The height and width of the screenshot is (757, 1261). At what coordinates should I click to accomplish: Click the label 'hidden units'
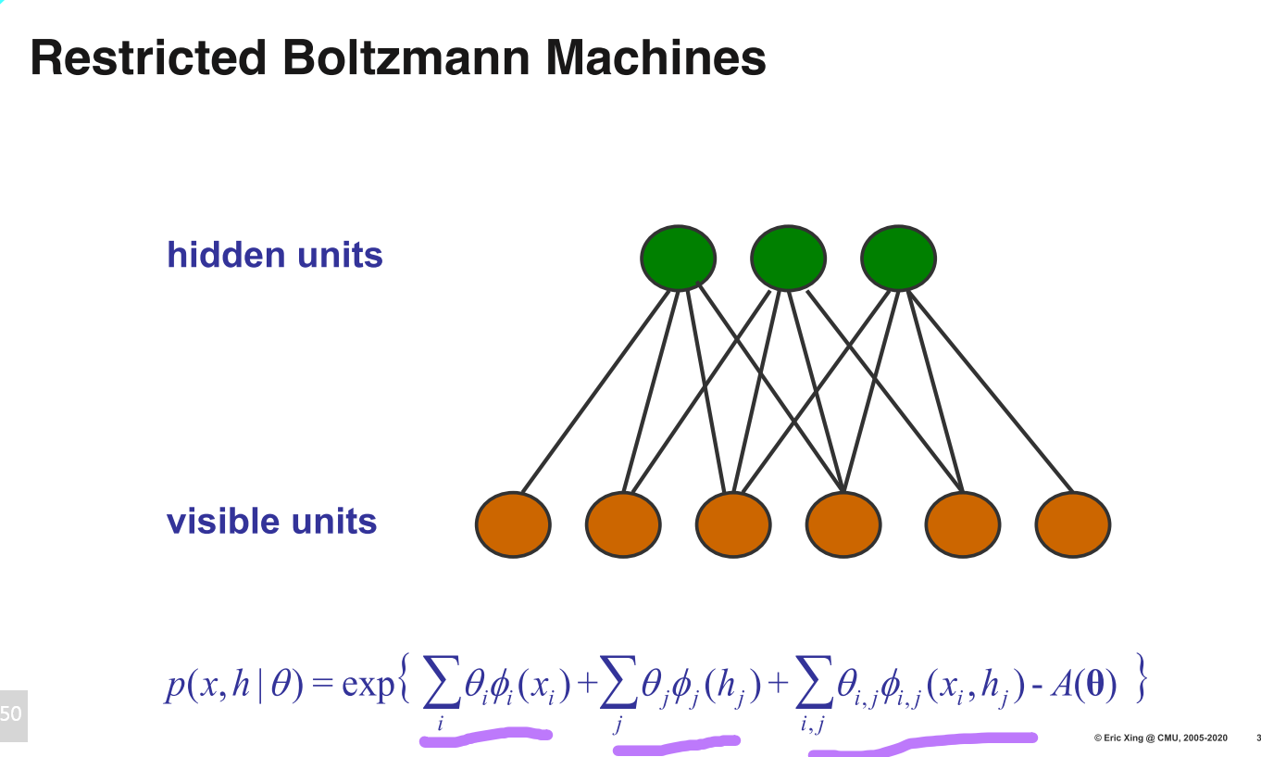(275, 254)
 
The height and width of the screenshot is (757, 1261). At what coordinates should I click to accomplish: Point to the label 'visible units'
(272, 521)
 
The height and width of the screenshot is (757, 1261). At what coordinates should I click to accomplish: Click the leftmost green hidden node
(678, 258)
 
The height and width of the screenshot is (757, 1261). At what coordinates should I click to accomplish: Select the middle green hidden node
(788, 258)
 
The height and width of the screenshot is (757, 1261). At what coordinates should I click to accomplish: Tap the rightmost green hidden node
(898, 258)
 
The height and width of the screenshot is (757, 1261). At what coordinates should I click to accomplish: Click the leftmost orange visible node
(513, 524)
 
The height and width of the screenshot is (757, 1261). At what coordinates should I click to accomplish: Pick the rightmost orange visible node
(1073, 524)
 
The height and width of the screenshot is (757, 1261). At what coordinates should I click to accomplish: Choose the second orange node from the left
(623, 524)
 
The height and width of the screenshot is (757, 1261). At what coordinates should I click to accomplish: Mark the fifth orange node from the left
(963, 524)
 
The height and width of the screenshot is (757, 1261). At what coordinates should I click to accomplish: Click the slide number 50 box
(14, 715)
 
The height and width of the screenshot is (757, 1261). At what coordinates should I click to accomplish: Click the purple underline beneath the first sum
(486, 737)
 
